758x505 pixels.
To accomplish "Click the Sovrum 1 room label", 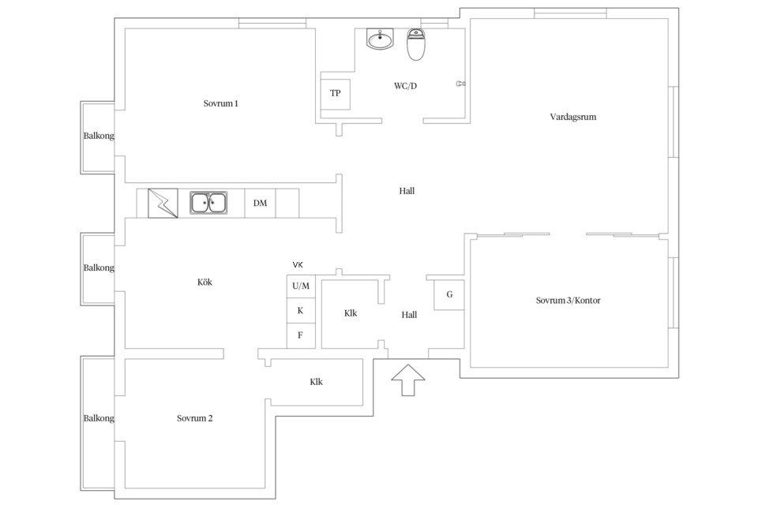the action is pyautogui.click(x=220, y=103).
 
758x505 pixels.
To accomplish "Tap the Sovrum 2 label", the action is pyautogui.click(x=194, y=418).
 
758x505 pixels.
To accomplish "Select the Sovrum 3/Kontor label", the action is pyautogui.click(x=568, y=300).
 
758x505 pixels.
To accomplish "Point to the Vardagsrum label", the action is pyautogui.click(x=573, y=117).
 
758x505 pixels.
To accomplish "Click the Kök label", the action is pyautogui.click(x=205, y=282).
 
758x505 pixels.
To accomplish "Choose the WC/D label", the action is pyautogui.click(x=405, y=86).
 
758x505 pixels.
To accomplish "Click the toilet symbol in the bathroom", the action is pyautogui.click(x=415, y=44).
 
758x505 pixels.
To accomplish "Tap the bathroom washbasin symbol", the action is pyautogui.click(x=380, y=39).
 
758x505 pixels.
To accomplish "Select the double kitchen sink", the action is pyautogui.click(x=208, y=203).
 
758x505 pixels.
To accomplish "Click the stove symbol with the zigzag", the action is pyautogui.click(x=163, y=203).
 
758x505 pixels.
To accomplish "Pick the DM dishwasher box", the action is pyautogui.click(x=260, y=203).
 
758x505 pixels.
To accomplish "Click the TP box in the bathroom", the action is pyautogui.click(x=335, y=93).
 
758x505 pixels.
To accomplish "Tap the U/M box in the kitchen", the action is pyautogui.click(x=301, y=286).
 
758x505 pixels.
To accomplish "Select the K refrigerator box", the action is pyautogui.click(x=301, y=311).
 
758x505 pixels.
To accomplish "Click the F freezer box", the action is pyautogui.click(x=301, y=335).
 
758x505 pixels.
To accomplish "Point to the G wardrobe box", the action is pyautogui.click(x=449, y=294).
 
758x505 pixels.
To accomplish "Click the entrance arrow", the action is pyautogui.click(x=408, y=380).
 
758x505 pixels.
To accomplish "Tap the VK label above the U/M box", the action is pyautogui.click(x=298, y=265).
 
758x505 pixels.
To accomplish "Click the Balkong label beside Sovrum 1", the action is pyautogui.click(x=99, y=136).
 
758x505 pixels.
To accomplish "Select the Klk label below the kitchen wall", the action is pyautogui.click(x=316, y=382).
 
